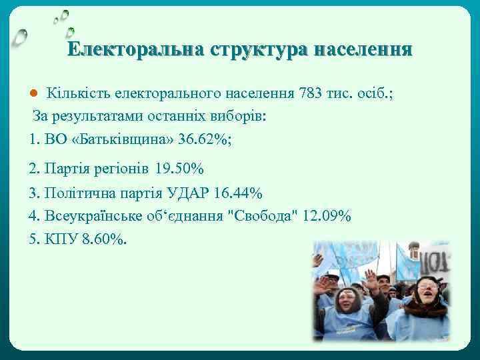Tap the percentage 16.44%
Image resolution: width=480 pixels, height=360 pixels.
239,193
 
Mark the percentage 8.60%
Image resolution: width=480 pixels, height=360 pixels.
103,239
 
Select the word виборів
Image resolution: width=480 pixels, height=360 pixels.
239,116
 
